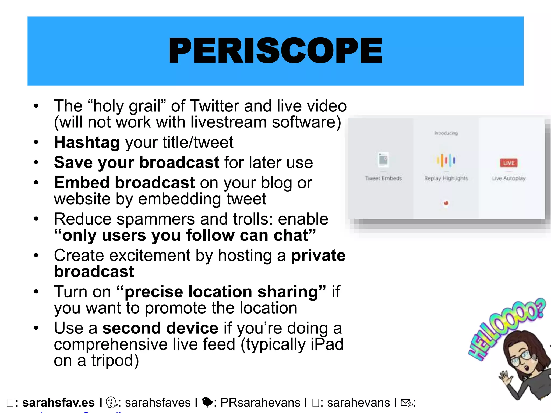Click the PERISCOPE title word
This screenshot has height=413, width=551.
pos(275,51)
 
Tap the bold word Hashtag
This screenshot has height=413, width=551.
pos(87,142)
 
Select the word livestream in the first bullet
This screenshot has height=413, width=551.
pos(228,122)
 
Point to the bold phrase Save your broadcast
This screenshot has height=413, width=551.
pos(137,162)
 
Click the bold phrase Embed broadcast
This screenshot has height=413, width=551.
pos(124,183)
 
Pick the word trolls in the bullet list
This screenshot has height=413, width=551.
pos(250,219)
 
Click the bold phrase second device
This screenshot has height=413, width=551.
pos(160,328)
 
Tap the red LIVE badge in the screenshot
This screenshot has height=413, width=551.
pos(508,163)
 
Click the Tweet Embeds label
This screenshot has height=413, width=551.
pos(383,178)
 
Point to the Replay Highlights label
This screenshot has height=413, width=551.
pos(446,178)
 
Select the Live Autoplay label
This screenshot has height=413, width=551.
pos(508,178)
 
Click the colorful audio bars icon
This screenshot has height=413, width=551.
pos(446,160)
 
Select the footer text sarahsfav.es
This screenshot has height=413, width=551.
pos(58,403)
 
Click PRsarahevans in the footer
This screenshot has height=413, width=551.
pos(260,403)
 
